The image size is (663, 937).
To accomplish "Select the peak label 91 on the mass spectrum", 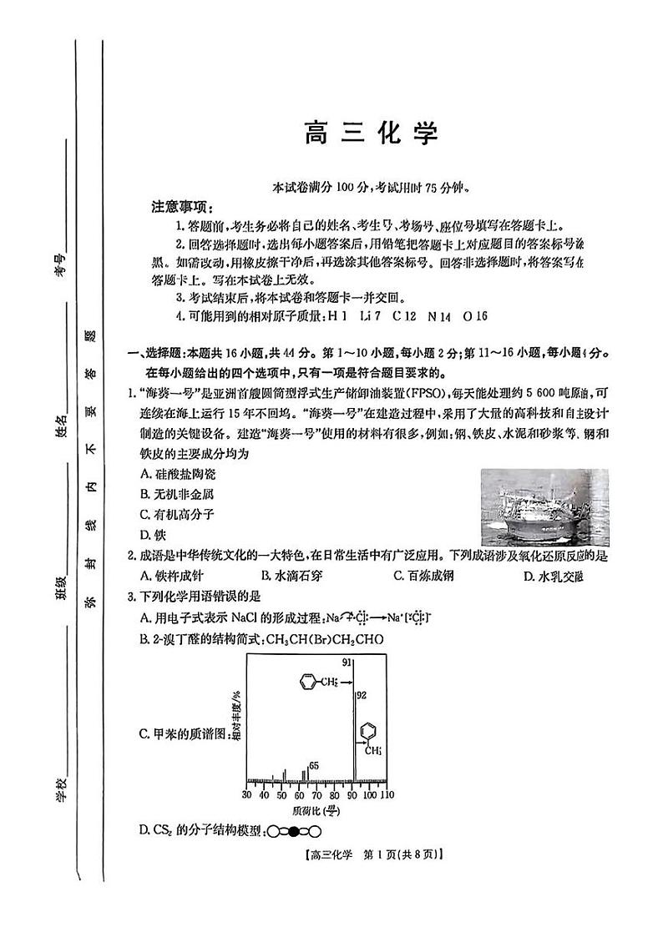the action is [347, 662].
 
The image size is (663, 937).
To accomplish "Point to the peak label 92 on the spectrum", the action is [362, 695].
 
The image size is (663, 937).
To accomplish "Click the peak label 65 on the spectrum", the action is [314, 765].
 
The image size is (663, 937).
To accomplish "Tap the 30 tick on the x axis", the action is [248, 796].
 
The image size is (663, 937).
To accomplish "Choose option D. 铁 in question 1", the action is [150, 535].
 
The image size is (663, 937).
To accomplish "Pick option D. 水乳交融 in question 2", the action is [554, 576].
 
